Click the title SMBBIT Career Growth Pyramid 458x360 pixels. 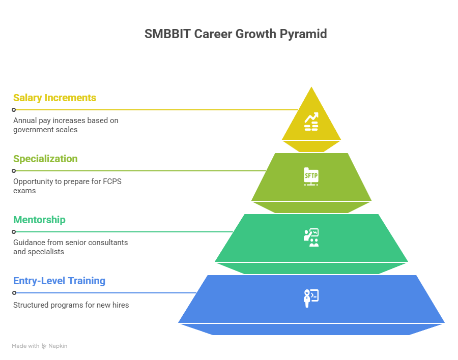236,34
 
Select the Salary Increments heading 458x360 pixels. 54,98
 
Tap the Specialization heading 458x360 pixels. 45,159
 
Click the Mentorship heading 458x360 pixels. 39,220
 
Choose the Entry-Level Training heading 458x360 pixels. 60,281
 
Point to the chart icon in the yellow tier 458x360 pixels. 311,122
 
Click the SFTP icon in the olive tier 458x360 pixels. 311,176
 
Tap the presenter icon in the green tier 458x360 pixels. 311,237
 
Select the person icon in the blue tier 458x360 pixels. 311,298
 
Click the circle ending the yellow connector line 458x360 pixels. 14,110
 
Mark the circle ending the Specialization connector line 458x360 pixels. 14,171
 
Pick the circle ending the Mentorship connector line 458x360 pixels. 14,232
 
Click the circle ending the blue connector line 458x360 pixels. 14,293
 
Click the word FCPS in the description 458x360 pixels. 112,182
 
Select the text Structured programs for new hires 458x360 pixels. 71,305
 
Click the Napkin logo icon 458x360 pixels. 44,346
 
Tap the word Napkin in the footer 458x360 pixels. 58,346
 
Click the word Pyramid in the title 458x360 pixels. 303,34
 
